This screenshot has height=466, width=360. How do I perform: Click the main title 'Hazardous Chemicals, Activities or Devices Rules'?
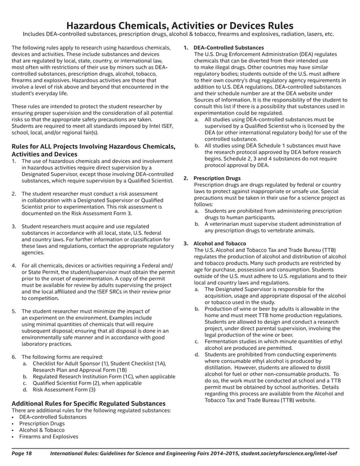click(179, 25)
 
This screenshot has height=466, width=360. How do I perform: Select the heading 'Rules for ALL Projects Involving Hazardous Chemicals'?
click(93, 148)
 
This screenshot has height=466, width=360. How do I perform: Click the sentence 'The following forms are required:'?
click(62, 357)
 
